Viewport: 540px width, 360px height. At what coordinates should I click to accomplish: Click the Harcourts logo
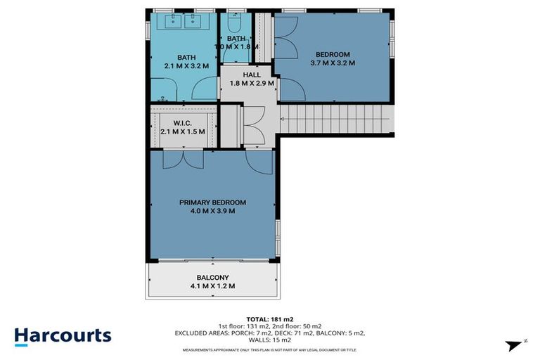pyautogui.click(x=63, y=335)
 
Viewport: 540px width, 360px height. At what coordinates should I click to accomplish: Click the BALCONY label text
pyautogui.click(x=212, y=278)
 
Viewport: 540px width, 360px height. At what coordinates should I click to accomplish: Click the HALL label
pyautogui.click(x=252, y=75)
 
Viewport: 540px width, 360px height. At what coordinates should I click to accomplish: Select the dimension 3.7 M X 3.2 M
pyautogui.click(x=333, y=63)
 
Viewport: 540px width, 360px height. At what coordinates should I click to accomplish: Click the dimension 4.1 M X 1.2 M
pyautogui.click(x=212, y=286)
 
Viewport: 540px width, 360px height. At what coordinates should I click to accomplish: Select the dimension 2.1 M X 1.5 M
pyautogui.click(x=182, y=131)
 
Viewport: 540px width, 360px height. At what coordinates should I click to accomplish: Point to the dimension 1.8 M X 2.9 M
pyautogui.click(x=252, y=83)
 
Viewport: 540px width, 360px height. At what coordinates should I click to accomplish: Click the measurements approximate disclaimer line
pyautogui.click(x=269, y=349)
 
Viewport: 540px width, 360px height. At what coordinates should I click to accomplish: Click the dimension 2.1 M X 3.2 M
pyautogui.click(x=186, y=66)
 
